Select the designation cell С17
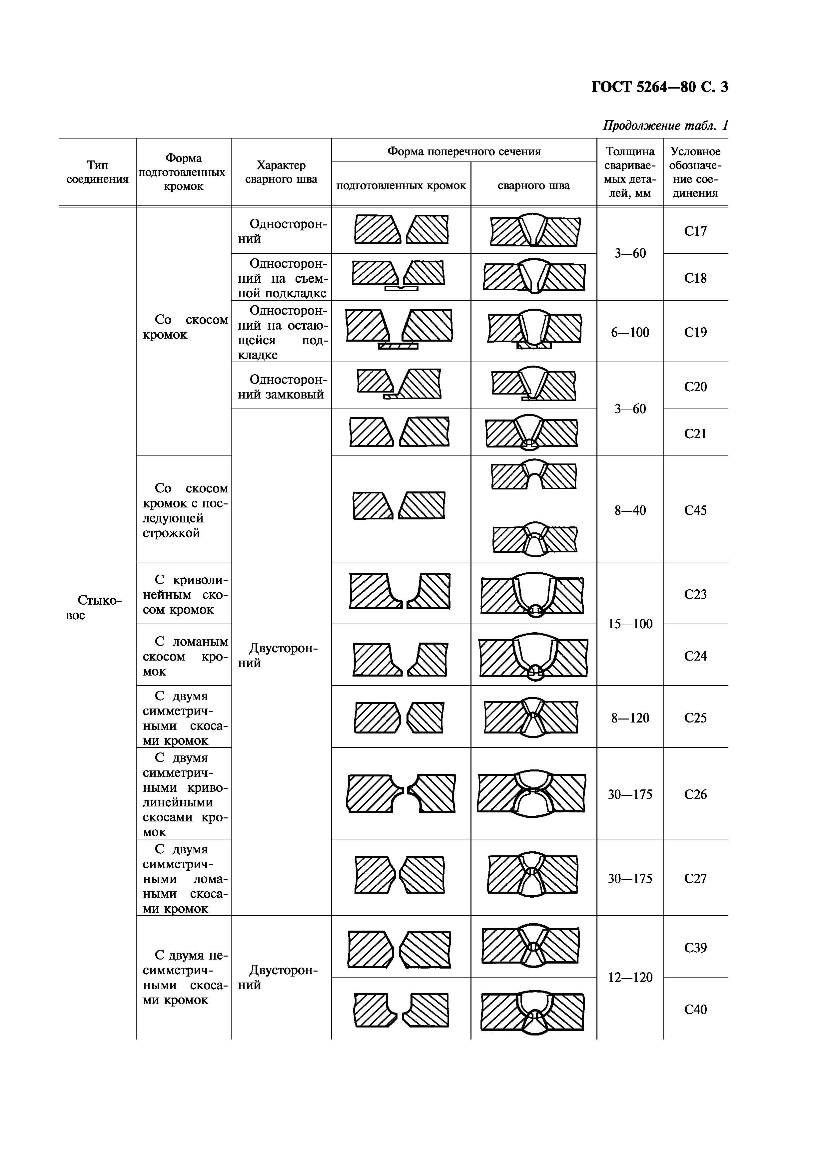pyautogui.click(x=695, y=231)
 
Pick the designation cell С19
pyautogui.click(x=695, y=333)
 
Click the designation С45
pyautogui.click(x=695, y=510)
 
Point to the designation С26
pyautogui.click(x=695, y=795)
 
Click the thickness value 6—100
pyautogui.click(x=630, y=333)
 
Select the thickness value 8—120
pyautogui.click(x=630, y=718)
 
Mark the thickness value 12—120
pyautogui.click(x=630, y=977)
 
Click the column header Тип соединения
pyautogui.click(x=97, y=172)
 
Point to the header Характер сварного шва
pyautogui.click(x=281, y=172)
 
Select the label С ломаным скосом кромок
pyautogui.click(x=185, y=656)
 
